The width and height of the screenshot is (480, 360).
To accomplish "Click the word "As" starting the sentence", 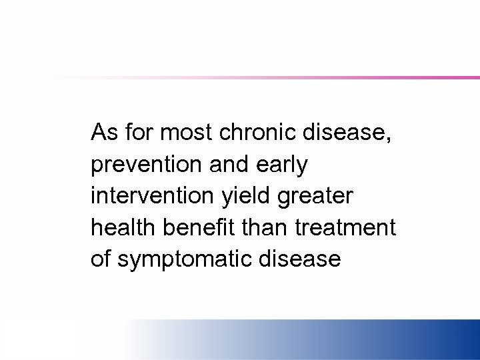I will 103,132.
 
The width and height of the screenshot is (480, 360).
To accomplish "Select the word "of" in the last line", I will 101,259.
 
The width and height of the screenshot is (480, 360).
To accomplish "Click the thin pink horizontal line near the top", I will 333,78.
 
